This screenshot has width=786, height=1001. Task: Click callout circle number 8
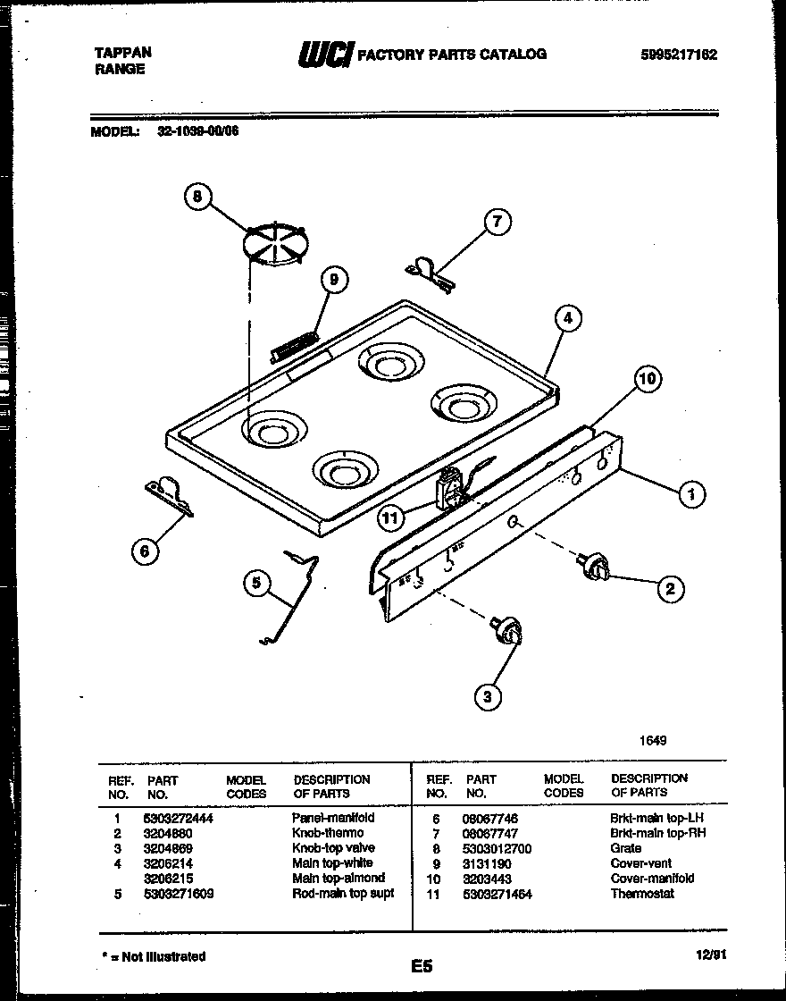[197, 196]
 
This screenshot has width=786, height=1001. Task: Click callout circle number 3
[488, 696]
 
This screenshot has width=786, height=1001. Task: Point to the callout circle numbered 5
[256, 583]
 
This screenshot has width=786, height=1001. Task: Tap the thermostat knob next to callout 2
[594, 566]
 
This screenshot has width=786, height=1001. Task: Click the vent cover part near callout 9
[294, 345]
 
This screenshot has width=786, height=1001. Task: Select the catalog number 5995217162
[678, 55]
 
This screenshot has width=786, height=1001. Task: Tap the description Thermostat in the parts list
[642, 894]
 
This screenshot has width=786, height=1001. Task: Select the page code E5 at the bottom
[422, 966]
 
